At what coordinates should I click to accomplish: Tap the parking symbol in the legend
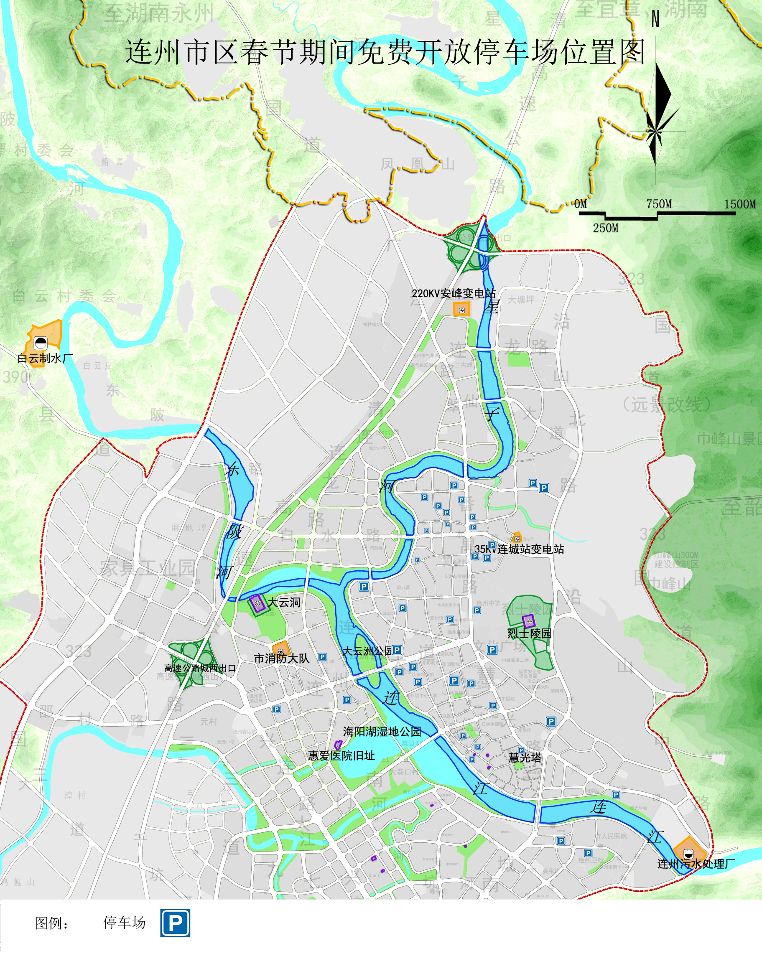click(x=175, y=923)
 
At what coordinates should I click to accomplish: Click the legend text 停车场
click(x=124, y=922)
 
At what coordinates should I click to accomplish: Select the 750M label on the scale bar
click(x=659, y=204)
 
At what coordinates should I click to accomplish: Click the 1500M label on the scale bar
click(x=740, y=204)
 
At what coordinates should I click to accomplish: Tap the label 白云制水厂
click(x=45, y=358)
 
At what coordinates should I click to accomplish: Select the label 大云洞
click(x=284, y=602)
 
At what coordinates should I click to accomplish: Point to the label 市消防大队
click(x=281, y=659)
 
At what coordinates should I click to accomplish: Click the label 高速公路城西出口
click(x=200, y=668)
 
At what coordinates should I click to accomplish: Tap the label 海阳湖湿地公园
click(x=382, y=732)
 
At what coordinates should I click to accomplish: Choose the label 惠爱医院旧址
click(x=341, y=755)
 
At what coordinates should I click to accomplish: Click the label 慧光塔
click(x=525, y=758)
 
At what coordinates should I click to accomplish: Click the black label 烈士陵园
click(x=530, y=633)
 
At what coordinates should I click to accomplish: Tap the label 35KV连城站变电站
click(x=519, y=549)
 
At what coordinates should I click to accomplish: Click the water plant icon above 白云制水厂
click(x=41, y=343)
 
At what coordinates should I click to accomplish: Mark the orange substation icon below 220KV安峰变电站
click(x=461, y=310)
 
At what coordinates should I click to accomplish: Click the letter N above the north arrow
click(x=655, y=20)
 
